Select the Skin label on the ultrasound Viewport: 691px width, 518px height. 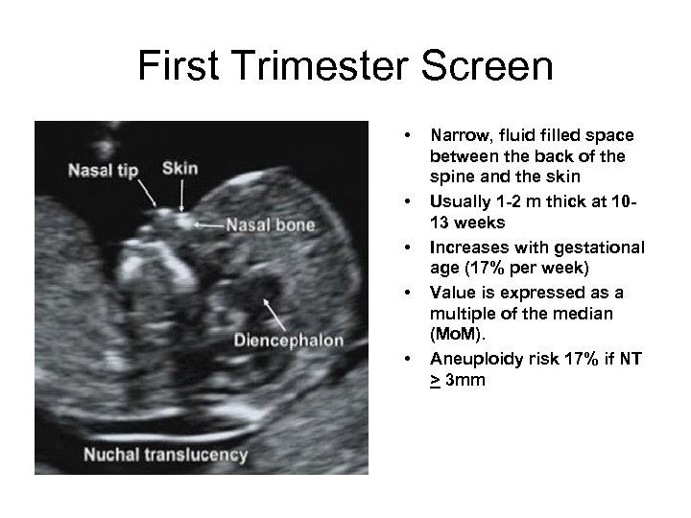pyautogui.click(x=180, y=168)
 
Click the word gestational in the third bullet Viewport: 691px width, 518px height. pyautogui.click(x=601, y=247)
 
